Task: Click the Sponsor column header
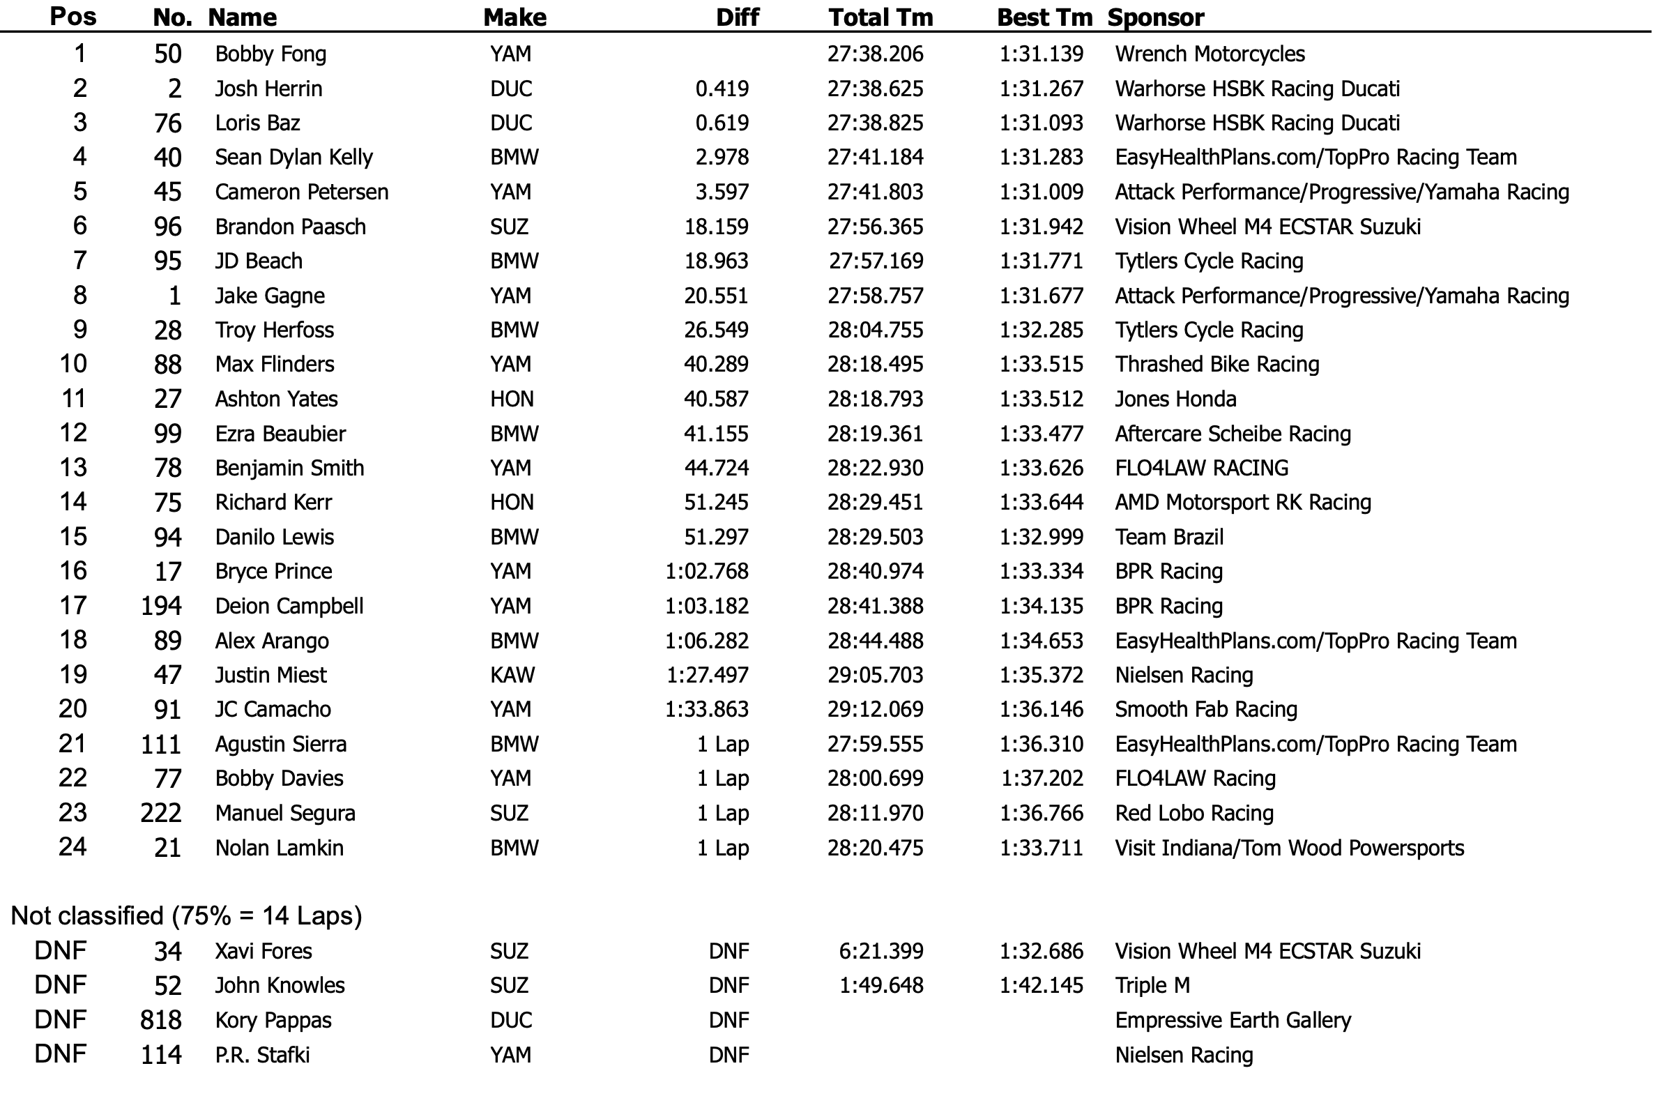pos(1156,17)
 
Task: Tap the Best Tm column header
pos(1044,17)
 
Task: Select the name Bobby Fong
pos(270,54)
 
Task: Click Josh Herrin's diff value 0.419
pos(722,89)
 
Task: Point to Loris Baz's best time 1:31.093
pos(1042,123)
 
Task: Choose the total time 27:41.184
pos(876,158)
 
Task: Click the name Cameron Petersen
pos(301,192)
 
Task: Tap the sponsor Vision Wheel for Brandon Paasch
pos(1268,227)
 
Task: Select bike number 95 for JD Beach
pos(168,261)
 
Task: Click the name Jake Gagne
pos(270,296)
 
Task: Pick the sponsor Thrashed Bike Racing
pos(1217,365)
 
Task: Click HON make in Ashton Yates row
pos(512,399)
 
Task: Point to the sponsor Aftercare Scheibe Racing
pos(1233,434)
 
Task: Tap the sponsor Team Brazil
pos(1169,538)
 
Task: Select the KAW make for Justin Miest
pos(512,675)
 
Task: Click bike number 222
pos(161,814)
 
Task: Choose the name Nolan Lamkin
pos(279,848)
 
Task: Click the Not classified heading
pos(187,916)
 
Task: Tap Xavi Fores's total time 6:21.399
pos(881,951)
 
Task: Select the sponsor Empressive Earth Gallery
pos(1233,1021)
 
